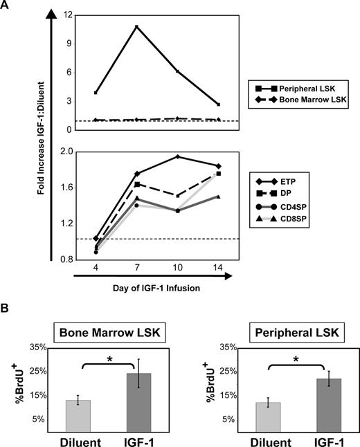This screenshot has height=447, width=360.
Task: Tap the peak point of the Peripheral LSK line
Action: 137,26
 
